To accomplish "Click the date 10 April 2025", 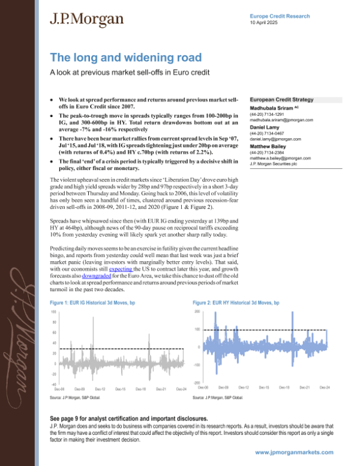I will coord(265,22).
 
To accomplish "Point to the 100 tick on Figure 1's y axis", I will coord(53,312).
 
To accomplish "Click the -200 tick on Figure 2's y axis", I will coord(197,382).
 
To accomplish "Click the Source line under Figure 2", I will coord(217,398).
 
